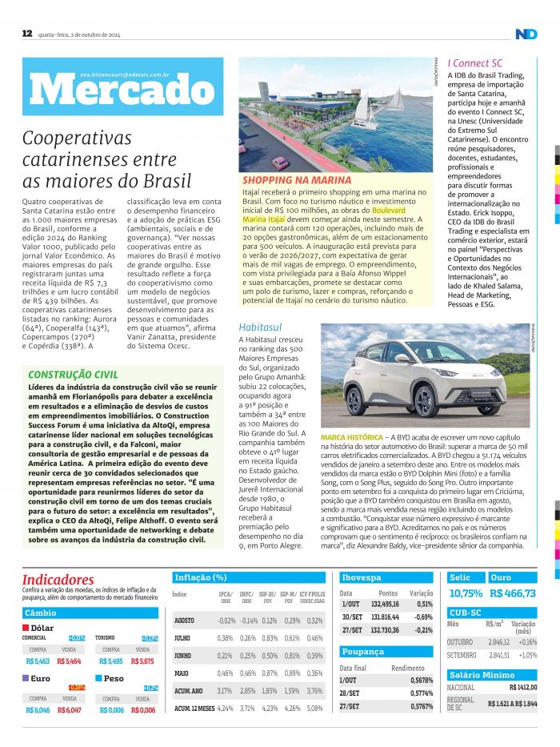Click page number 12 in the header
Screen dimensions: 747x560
(26, 33)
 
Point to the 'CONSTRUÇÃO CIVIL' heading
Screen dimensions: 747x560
(73, 374)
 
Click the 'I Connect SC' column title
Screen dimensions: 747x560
(475, 62)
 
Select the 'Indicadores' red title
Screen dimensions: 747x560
(58, 580)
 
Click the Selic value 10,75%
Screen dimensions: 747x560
(466, 594)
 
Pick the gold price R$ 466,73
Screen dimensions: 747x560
(513, 594)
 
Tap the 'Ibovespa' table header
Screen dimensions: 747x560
(362, 577)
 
